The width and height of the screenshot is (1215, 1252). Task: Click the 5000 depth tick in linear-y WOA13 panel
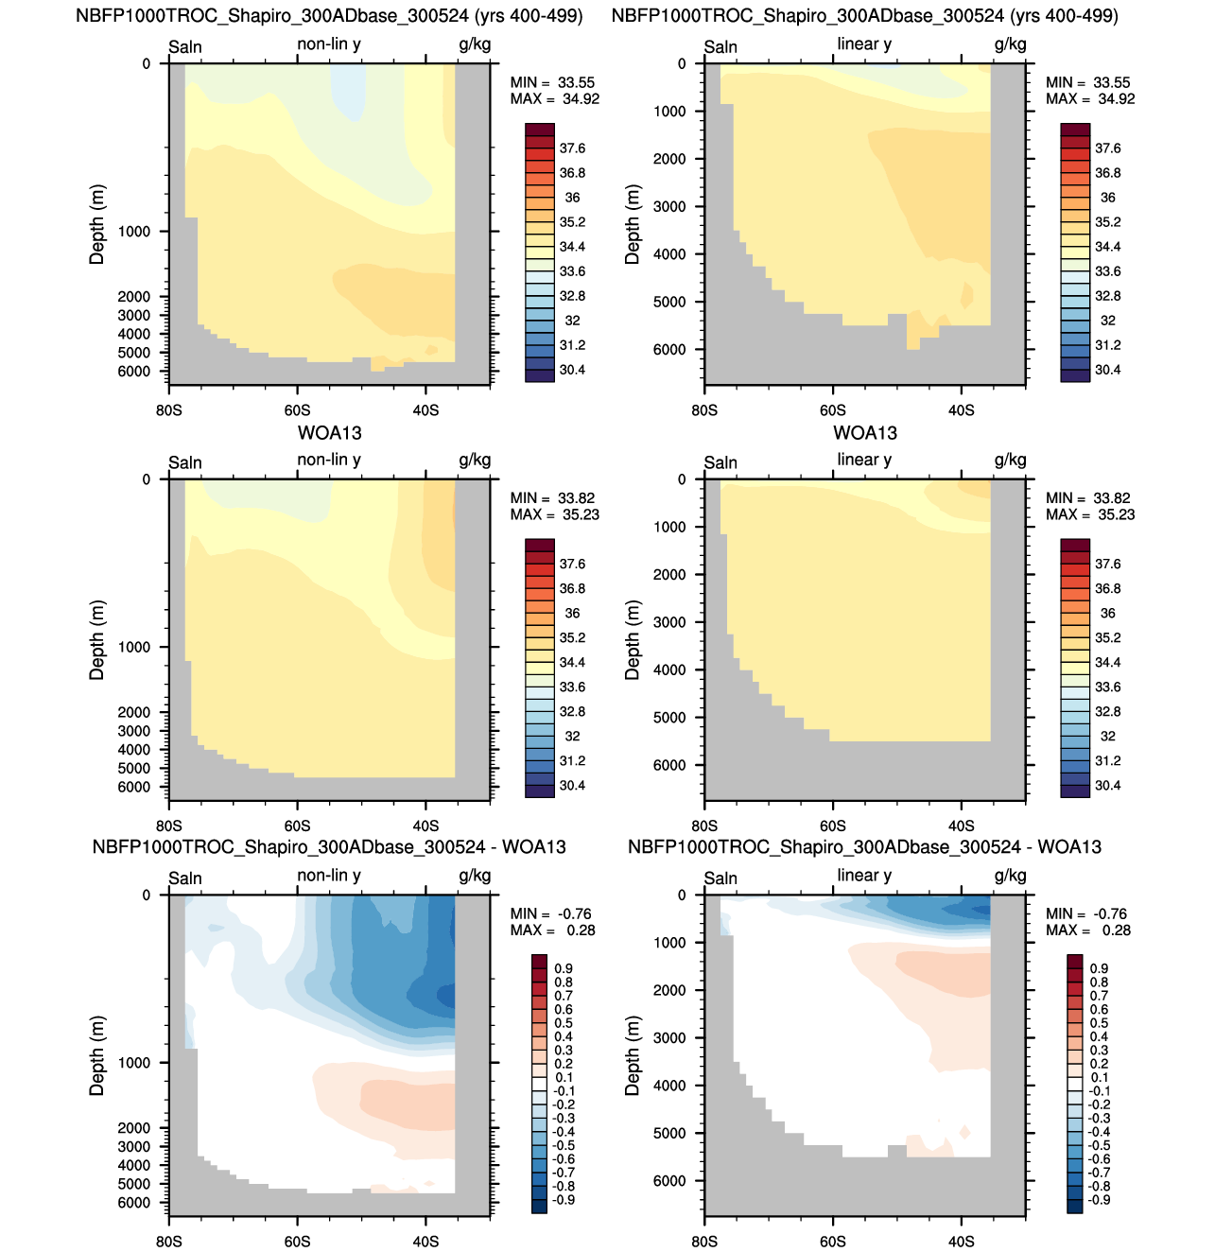(x=669, y=718)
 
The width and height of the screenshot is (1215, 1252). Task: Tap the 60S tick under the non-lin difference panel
(x=297, y=1241)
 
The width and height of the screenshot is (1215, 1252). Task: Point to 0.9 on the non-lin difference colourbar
(x=564, y=968)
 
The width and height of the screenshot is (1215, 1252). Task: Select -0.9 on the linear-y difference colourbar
(x=1099, y=1200)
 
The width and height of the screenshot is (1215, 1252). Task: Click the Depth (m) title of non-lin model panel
(x=96, y=224)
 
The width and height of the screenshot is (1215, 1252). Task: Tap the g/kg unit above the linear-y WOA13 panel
(x=1010, y=461)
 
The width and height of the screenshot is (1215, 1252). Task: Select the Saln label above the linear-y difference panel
(x=720, y=878)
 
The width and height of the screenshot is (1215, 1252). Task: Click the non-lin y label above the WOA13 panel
(x=329, y=460)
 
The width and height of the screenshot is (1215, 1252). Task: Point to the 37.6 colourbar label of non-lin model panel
(x=572, y=148)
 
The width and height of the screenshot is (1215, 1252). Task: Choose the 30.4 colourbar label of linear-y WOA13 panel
(x=1107, y=786)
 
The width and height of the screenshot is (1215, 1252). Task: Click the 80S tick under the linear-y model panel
(x=704, y=409)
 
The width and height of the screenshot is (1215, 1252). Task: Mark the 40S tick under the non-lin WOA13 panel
(x=425, y=826)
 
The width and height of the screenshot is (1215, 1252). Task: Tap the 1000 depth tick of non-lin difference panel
(x=134, y=1062)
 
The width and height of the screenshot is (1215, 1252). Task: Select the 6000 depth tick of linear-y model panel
(x=669, y=349)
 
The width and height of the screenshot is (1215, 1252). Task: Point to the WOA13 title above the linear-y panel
(x=864, y=433)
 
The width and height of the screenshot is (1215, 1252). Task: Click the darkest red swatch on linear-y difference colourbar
(x=1075, y=962)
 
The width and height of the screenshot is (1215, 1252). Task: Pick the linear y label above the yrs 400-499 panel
(x=864, y=44)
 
